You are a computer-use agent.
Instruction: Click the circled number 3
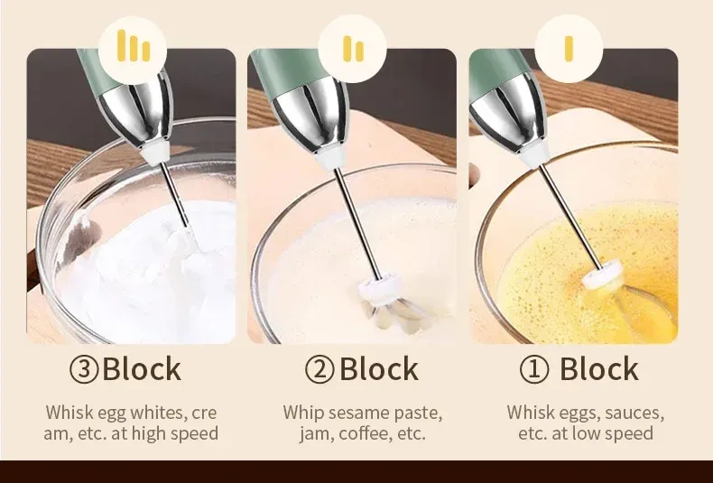tap(84, 369)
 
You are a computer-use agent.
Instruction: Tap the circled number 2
tap(319, 369)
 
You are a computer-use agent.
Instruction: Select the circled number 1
tap(534, 369)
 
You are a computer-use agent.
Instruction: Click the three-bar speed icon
tap(134, 45)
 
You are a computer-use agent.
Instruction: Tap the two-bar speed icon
tap(353, 49)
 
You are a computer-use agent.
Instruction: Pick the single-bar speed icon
tap(569, 49)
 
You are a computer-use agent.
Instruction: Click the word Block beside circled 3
tap(142, 369)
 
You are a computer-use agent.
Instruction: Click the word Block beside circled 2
tap(379, 369)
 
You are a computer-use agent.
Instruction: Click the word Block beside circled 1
tap(599, 369)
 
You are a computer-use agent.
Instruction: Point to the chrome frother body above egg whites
tap(135, 111)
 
